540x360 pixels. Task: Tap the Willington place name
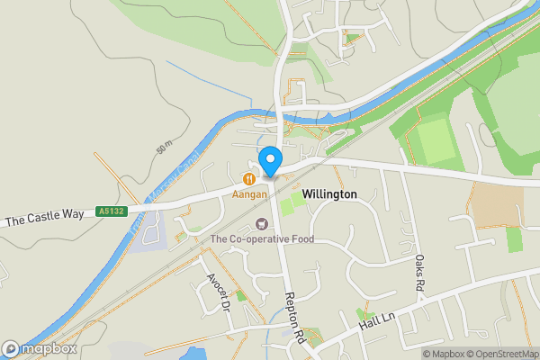point(329,194)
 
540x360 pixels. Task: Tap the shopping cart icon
point(262,223)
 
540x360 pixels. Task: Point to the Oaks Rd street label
point(419,272)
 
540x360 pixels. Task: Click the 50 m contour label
point(164,146)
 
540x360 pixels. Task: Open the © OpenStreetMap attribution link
point(499,354)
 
